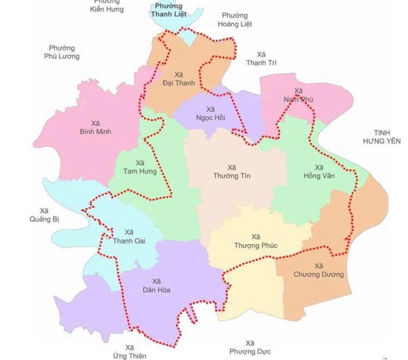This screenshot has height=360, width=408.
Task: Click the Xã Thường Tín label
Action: (x=231, y=171)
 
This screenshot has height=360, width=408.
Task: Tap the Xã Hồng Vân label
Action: (x=320, y=171)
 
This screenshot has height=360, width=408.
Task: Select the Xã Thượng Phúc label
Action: (x=256, y=241)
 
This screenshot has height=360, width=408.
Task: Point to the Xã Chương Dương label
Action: (x=318, y=270)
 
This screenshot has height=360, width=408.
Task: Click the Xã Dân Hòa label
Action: (x=156, y=286)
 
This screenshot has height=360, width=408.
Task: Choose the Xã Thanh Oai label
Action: (x=129, y=237)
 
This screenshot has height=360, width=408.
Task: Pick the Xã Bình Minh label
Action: (x=95, y=127)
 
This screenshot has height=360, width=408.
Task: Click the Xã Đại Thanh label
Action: (x=178, y=78)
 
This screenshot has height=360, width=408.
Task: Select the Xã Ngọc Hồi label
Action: (x=210, y=113)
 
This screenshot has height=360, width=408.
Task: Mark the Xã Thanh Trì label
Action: (x=261, y=58)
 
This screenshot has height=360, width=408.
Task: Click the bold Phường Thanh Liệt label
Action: (x=166, y=10)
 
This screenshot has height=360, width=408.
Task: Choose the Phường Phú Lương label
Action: (x=62, y=52)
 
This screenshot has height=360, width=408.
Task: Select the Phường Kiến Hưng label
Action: (x=107, y=5)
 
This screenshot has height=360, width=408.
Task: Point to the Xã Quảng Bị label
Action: (x=43, y=214)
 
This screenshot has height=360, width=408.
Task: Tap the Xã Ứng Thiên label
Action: (x=130, y=351)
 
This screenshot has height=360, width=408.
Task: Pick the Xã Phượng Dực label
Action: (x=250, y=347)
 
